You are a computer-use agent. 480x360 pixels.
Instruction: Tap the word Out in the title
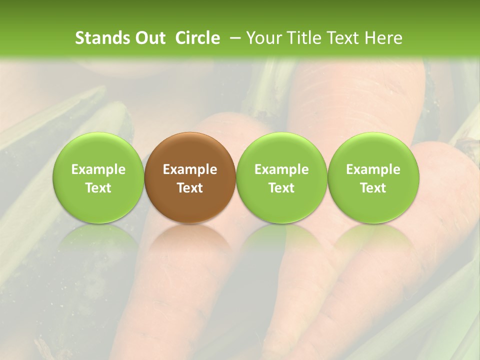tap(149, 38)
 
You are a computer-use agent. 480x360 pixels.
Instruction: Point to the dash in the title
tap(234, 38)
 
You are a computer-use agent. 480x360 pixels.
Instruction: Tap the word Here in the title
tap(382, 38)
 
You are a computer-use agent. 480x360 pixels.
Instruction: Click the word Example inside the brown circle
tap(190, 169)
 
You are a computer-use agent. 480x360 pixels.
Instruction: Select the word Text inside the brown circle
tap(190, 188)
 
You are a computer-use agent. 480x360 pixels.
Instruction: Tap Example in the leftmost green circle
tap(98, 169)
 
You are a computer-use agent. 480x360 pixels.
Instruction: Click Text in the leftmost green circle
tap(98, 188)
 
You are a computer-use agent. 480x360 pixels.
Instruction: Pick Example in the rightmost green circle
tap(373, 169)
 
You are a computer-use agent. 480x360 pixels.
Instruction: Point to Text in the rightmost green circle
tap(373, 188)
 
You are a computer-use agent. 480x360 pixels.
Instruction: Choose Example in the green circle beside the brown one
tap(281, 169)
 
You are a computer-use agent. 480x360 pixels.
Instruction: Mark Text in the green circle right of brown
tap(281, 188)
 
